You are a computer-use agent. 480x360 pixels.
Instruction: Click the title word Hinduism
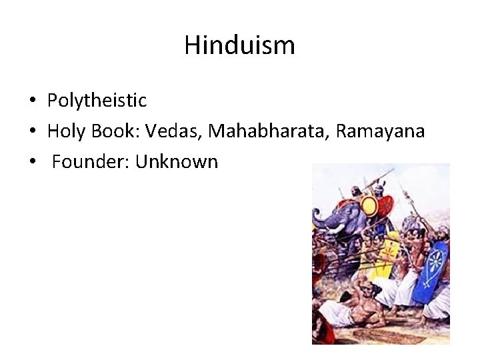click(239, 45)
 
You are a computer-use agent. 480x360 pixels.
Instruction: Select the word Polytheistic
click(97, 101)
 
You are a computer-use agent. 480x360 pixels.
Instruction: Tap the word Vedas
click(178, 131)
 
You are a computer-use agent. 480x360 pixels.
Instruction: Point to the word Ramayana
click(380, 131)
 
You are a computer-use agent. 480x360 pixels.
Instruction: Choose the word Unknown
click(177, 162)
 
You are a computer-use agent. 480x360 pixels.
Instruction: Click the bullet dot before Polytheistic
click(32, 101)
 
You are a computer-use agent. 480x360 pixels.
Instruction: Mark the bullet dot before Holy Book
click(32, 132)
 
